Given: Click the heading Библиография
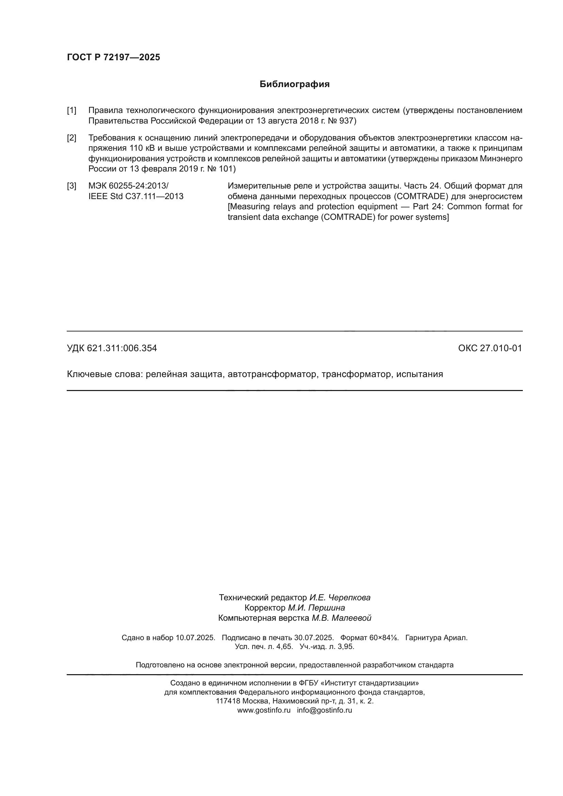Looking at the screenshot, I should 294,84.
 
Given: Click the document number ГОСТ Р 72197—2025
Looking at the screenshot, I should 113,57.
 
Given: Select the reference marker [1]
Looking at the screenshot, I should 71,111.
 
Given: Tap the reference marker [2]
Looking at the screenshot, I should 71,138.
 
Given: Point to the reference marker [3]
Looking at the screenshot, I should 71,186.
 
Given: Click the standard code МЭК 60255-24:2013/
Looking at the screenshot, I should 128,186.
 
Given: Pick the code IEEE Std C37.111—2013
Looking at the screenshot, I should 135,197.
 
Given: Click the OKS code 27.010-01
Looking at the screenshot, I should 500,348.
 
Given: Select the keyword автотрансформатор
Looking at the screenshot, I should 272,374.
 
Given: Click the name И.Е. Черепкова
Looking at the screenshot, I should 340,598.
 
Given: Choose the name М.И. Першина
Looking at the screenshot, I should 316,608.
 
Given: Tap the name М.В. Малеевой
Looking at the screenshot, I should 341,618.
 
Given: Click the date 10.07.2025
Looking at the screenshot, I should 195,638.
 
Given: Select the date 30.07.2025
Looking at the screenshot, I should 314,638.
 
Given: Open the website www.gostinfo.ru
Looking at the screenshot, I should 263,710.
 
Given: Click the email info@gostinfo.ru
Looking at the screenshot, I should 324,710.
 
